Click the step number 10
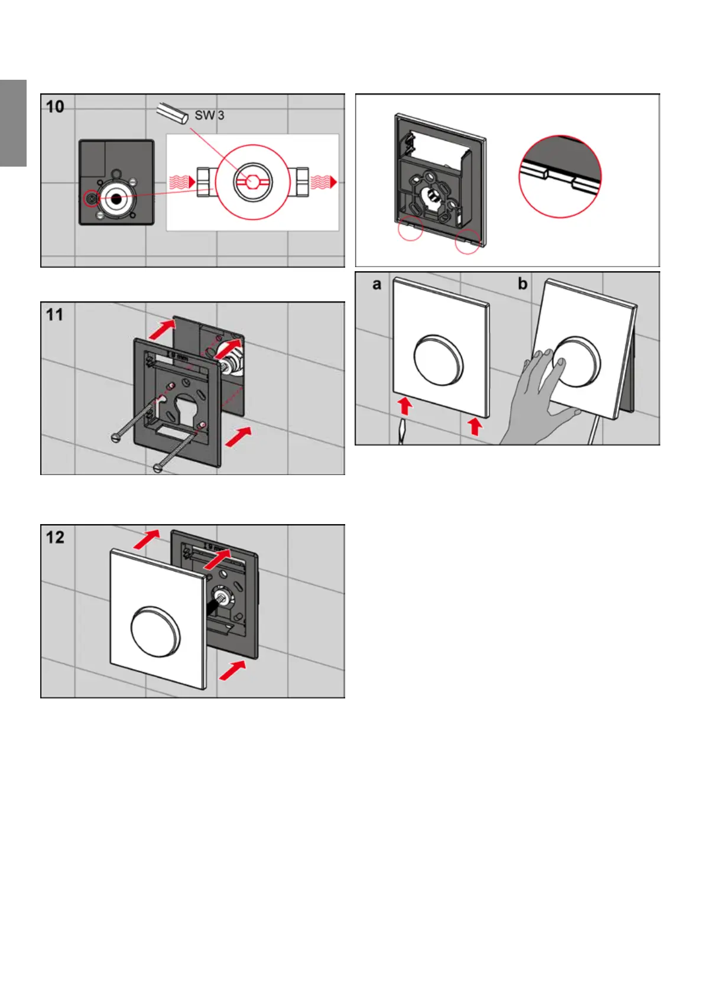click(56, 107)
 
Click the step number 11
click(55, 315)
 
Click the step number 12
click(56, 537)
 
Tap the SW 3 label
click(209, 115)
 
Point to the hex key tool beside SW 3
click(173, 112)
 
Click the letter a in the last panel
click(377, 285)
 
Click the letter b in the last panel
click(523, 284)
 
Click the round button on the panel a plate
click(439, 360)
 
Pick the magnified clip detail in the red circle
click(560, 175)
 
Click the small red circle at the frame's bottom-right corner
click(468, 241)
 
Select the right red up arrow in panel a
click(474, 426)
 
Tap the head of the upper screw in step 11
click(116, 437)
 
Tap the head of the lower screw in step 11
click(158, 468)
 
